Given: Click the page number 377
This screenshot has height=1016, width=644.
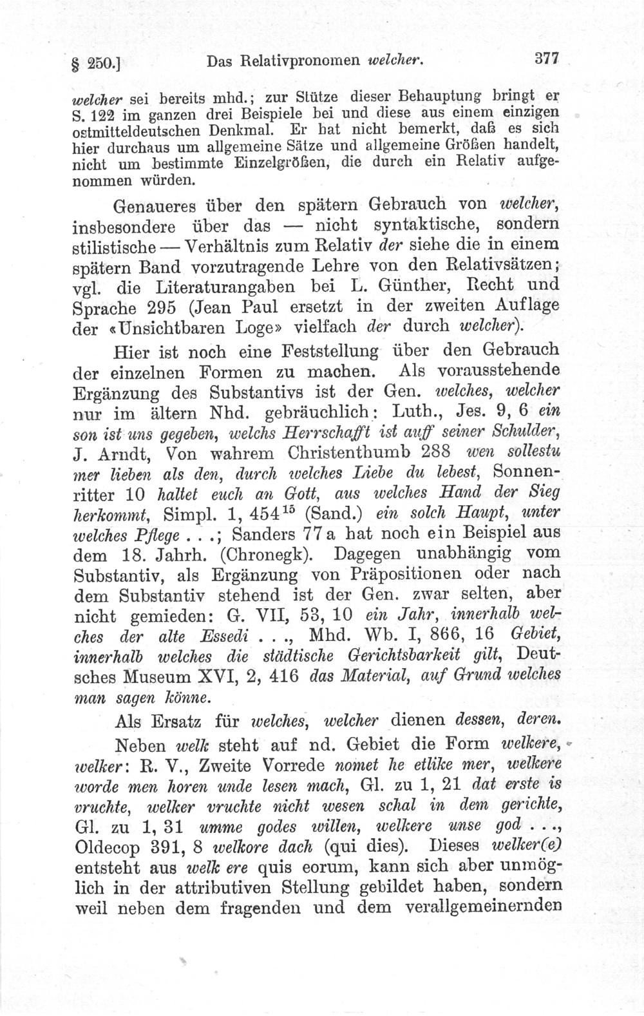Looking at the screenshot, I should pos(544,59).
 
